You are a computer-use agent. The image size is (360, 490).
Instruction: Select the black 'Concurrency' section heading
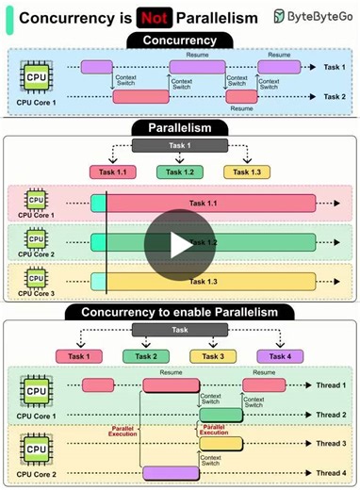coord(178,40)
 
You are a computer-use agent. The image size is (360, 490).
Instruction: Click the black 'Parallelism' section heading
coord(178,127)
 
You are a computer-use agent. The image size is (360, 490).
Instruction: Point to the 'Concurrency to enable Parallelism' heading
coord(178,312)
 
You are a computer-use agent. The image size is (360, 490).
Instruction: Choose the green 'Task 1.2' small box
coord(178,171)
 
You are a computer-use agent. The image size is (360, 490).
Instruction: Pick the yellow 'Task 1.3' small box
coord(246,171)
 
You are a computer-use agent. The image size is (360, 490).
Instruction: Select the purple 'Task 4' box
coord(280,355)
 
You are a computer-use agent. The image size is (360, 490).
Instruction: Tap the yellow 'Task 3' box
coord(212,355)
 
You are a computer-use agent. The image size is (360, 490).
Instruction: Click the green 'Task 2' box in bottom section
coord(145,355)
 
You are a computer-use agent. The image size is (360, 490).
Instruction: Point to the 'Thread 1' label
coord(331,385)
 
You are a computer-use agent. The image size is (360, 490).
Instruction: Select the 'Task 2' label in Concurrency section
coord(333,96)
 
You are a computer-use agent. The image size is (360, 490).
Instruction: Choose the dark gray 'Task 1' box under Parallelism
coord(178,146)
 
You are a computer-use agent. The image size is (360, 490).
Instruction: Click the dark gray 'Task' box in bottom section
coord(178,331)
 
